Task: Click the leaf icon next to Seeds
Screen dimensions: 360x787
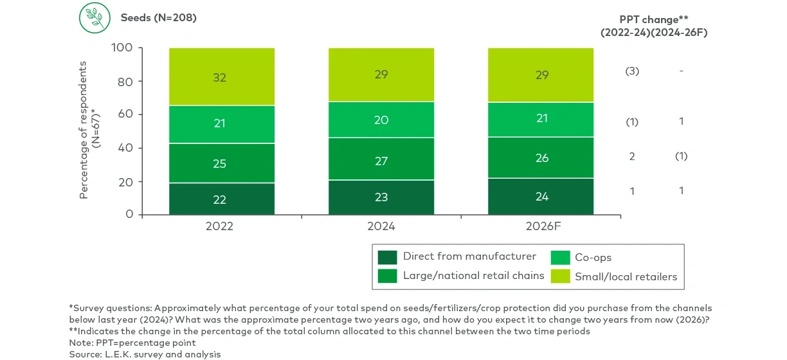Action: (95, 18)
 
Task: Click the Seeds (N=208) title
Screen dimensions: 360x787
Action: (158, 18)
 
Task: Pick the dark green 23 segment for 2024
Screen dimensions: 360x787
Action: (381, 197)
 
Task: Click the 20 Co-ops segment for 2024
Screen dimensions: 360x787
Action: (381, 120)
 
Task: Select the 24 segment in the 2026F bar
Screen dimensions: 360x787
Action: (541, 197)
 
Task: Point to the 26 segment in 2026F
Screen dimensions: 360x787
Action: (541, 157)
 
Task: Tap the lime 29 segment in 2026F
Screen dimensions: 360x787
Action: (541, 75)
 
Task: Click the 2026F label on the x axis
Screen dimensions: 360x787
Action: (541, 227)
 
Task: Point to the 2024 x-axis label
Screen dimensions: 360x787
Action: (381, 227)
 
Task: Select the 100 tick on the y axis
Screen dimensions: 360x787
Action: (122, 48)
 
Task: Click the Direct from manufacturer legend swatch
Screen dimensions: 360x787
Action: (387, 257)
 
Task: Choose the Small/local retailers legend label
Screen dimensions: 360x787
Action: (626, 277)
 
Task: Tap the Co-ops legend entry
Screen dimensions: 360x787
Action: (593, 258)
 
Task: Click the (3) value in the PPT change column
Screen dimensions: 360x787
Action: (632, 71)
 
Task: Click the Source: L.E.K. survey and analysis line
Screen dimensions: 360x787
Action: (145, 354)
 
